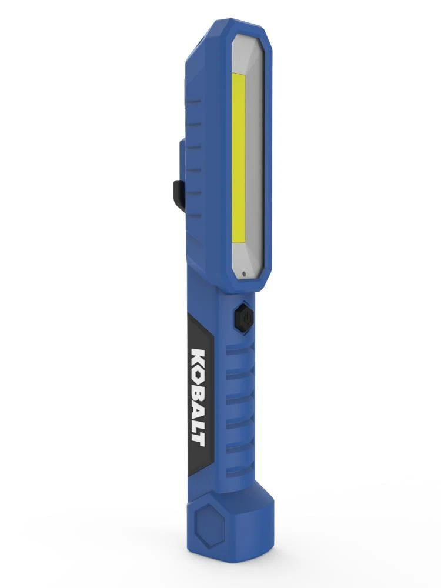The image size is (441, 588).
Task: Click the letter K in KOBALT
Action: (x=199, y=358)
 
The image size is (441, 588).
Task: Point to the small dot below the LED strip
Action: (x=243, y=273)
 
